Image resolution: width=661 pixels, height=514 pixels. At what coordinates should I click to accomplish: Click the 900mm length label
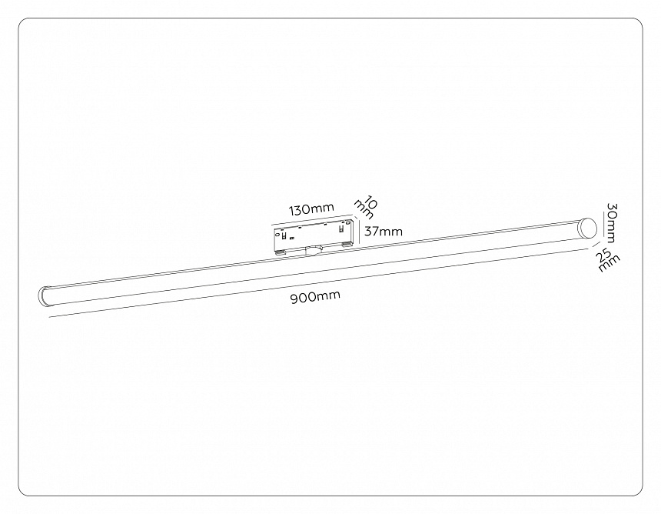pos(315,296)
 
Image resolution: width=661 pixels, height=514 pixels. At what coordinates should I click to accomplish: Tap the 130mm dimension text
pos(311,209)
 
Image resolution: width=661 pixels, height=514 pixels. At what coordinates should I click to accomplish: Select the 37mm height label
pos(382,231)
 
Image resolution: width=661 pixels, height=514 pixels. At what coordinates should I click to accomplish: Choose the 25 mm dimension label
pos(607,260)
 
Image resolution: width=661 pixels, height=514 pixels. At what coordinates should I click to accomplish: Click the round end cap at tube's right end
pos(588,229)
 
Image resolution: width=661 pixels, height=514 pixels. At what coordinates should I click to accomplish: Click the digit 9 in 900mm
pos(295,298)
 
